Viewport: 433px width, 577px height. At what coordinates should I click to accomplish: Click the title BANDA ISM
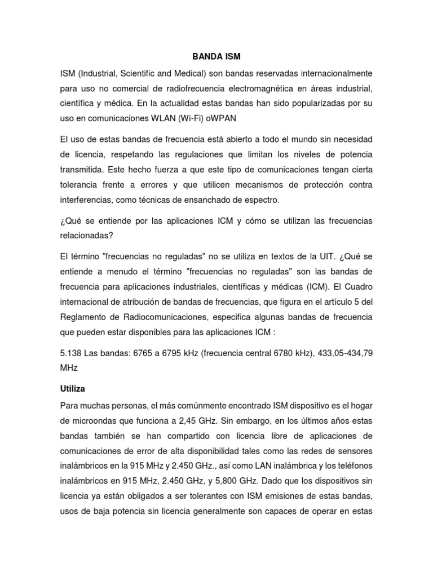[216, 57]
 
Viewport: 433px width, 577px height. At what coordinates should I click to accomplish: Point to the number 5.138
[72, 353]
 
